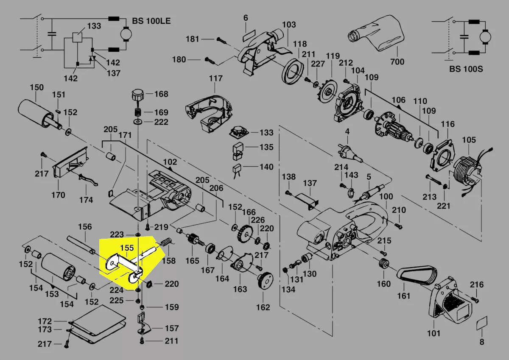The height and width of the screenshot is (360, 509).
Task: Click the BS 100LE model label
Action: pyautogui.click(x=151, y=20)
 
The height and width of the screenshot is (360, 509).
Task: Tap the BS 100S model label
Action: pyautogui.click(x=466, y=69)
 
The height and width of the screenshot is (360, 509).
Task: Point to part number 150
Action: pyautogui.click(x=36, y=88)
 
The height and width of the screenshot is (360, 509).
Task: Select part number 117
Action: pyautogui.click(x=215, y=78)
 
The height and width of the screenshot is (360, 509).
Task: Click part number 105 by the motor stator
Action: pyautogui.click(x=469, y=140)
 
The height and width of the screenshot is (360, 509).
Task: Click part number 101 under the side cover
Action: pyautogui.click(x=433, y=333)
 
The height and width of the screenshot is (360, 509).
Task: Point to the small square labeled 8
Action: pyautogui.click(x=481, y=324)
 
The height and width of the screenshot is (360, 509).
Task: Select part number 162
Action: pyautogui.click(x=263, y=307)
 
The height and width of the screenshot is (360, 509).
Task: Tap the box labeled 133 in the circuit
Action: pyautogui.click(x=78, y=37)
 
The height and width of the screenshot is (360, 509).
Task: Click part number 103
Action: pyautogui.click(x=289, y=25)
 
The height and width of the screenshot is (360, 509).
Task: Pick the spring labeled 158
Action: pyautogui.click(x=167, y=243)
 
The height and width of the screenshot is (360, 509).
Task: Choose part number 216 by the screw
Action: pyautogui.click(x=477, y=285)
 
